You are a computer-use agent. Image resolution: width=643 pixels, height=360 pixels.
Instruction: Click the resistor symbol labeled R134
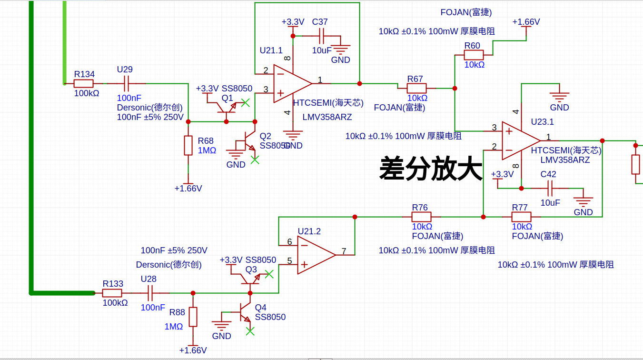[84, 84]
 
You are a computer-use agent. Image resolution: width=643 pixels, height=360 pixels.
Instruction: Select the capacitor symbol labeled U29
[126, 84]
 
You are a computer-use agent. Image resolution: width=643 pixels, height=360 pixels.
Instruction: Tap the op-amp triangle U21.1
[291, 84]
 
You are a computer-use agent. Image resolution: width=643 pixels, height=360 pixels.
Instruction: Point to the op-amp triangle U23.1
[520, 141]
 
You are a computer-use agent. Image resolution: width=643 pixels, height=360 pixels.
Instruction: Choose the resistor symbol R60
[474, 55]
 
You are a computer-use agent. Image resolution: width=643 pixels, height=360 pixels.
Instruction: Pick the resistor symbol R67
[416, 88]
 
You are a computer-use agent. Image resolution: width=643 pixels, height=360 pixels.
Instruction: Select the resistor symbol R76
[421, 217]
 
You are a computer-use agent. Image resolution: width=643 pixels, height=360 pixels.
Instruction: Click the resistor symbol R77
[521, 217]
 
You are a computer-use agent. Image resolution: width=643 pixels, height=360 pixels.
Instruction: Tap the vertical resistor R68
[188, 146]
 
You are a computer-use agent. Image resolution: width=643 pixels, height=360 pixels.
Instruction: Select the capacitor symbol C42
[550, 189]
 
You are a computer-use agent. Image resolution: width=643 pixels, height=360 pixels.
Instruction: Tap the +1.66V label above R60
[526, 22]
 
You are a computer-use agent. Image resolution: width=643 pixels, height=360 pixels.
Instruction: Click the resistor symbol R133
[112, 293]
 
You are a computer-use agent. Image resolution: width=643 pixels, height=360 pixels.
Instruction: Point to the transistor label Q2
[265, 136]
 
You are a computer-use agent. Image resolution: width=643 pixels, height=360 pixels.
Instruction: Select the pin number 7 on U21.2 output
[343, 250]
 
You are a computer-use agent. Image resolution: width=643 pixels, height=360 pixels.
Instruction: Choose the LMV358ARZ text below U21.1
[327, 117]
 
